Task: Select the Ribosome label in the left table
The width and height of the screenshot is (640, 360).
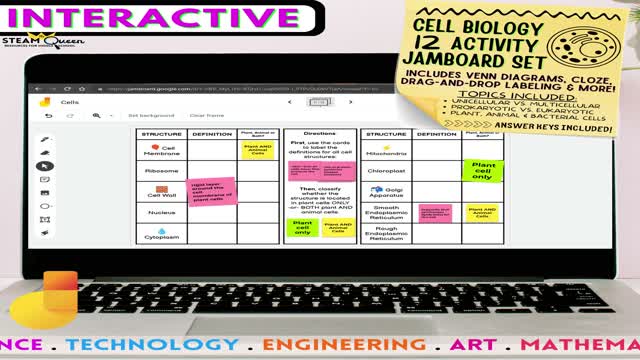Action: click(x=161, y=171)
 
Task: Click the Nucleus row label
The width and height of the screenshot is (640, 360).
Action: click(x=160, y=213)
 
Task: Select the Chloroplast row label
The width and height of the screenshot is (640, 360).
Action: click(x=386, y=171)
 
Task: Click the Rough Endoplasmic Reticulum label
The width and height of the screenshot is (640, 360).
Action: click(x=386, y=233)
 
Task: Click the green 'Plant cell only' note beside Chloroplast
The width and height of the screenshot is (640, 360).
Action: click(x=483, y=171)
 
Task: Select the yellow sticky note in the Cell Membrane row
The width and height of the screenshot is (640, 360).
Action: click(x=257, y=150)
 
